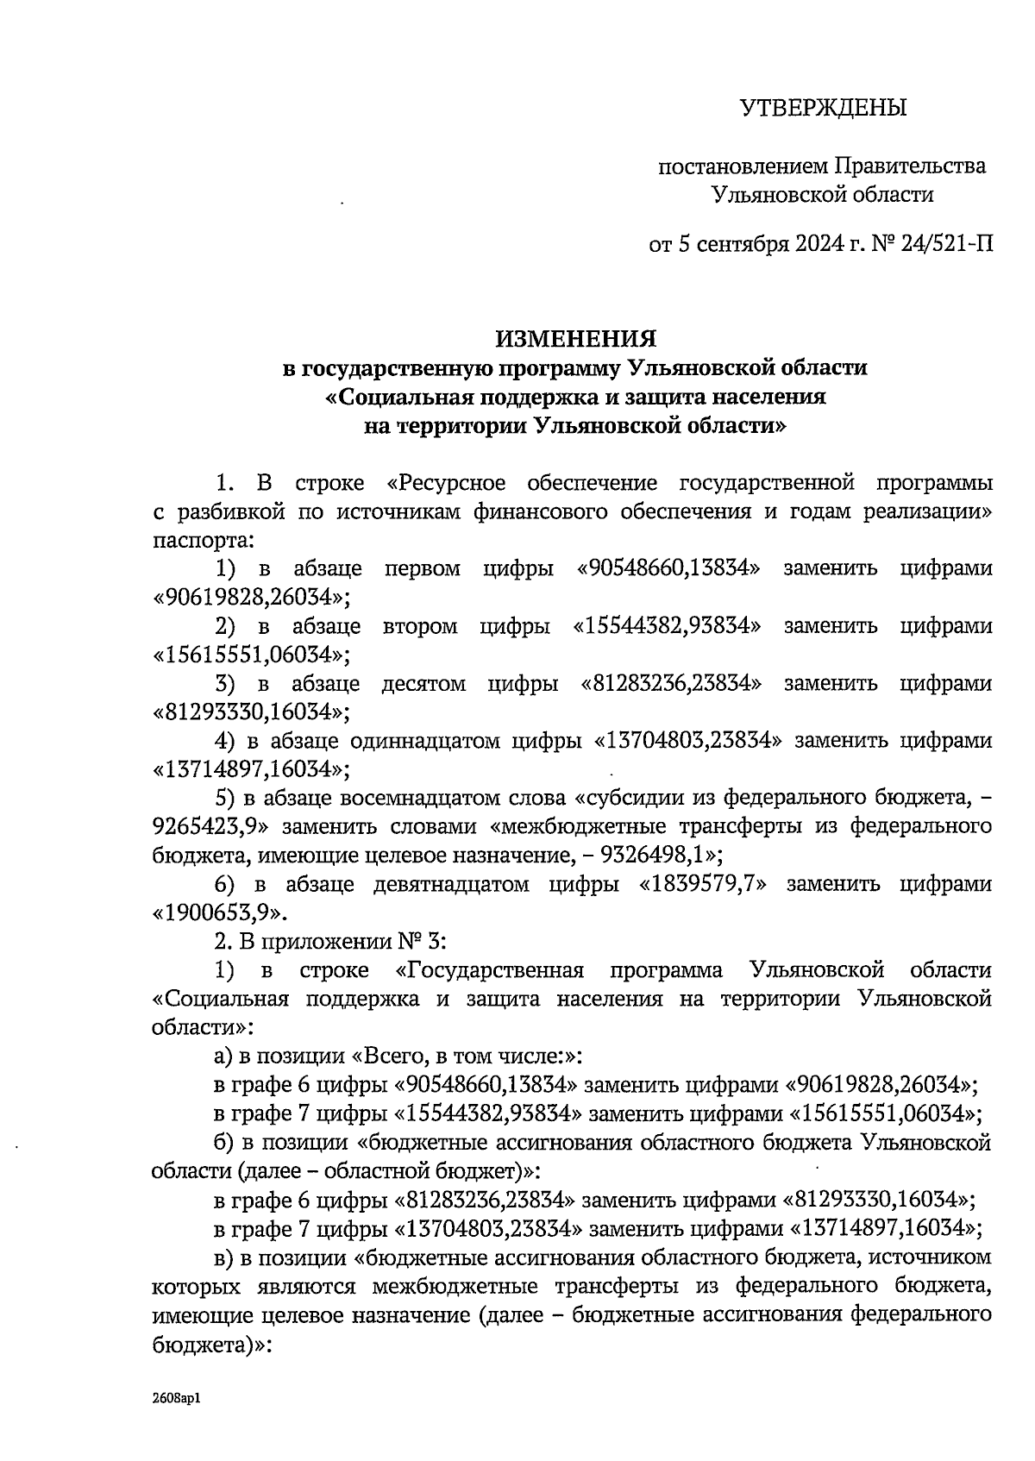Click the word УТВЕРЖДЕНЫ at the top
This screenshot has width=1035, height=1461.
pos(824,109)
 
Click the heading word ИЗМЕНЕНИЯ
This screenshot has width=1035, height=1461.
pos(576,338)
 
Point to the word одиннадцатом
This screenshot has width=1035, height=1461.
pos(426,741)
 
